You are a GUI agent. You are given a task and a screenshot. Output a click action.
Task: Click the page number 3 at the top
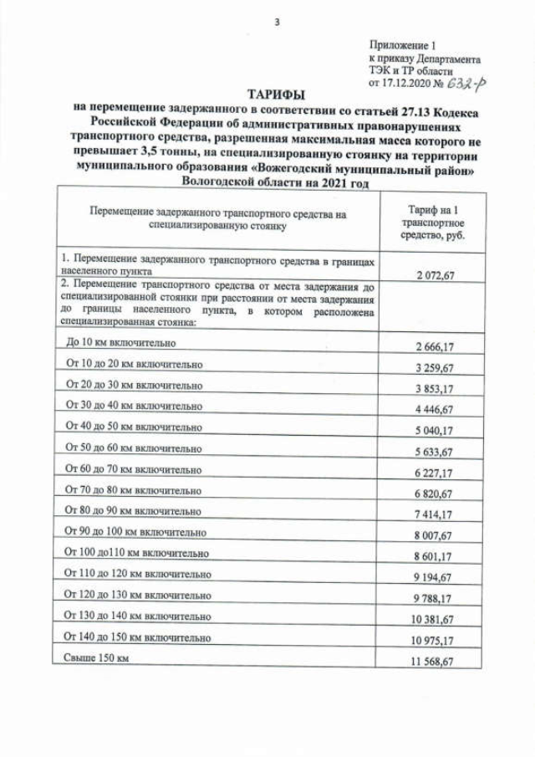277,23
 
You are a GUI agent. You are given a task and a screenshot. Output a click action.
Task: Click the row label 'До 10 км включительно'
123,344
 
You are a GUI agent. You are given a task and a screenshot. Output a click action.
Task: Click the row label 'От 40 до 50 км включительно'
134,426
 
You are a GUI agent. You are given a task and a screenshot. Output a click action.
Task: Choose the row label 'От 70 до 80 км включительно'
134,489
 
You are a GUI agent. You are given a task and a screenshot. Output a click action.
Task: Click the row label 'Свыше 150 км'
97,658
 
